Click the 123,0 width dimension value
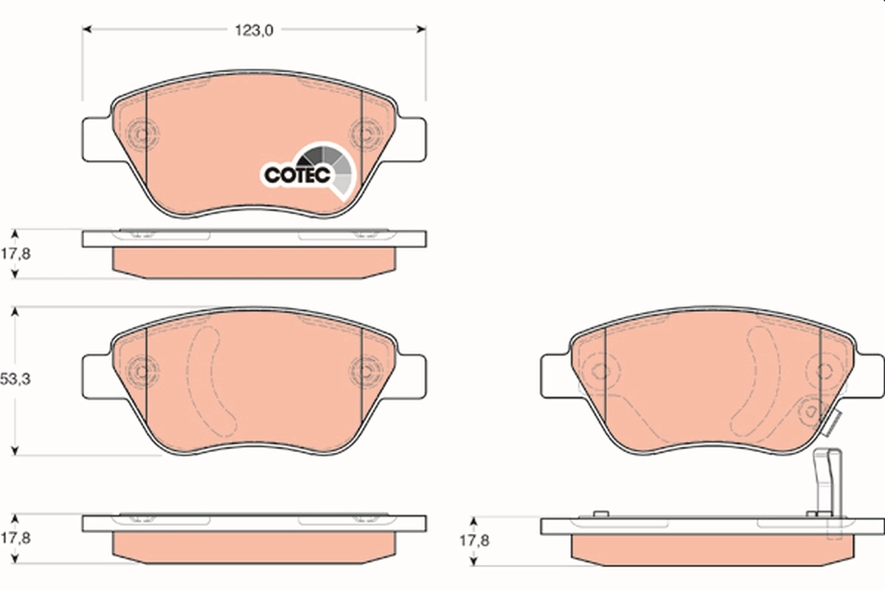(x=254, y=30)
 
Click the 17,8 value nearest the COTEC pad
(x=15, y=253)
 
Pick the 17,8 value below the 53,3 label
(x=15, y=538)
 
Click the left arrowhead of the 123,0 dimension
(x=87, y=30)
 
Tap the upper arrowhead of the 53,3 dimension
(x=15, y=312)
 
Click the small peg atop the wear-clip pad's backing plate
(x=600, y=513)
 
